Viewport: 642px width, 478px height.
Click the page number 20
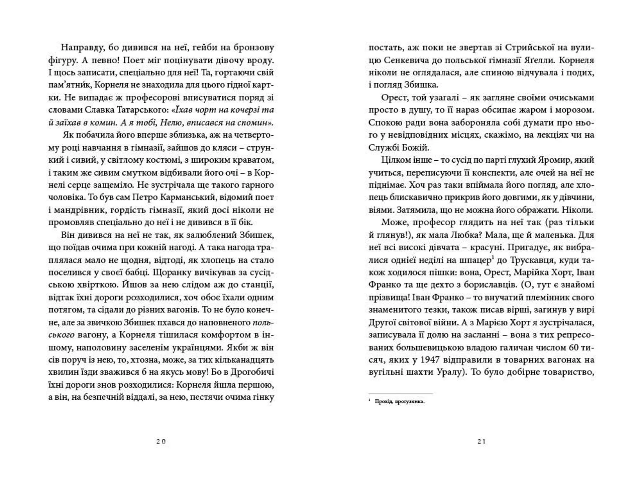161,442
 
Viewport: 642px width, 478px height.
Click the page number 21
481,442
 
